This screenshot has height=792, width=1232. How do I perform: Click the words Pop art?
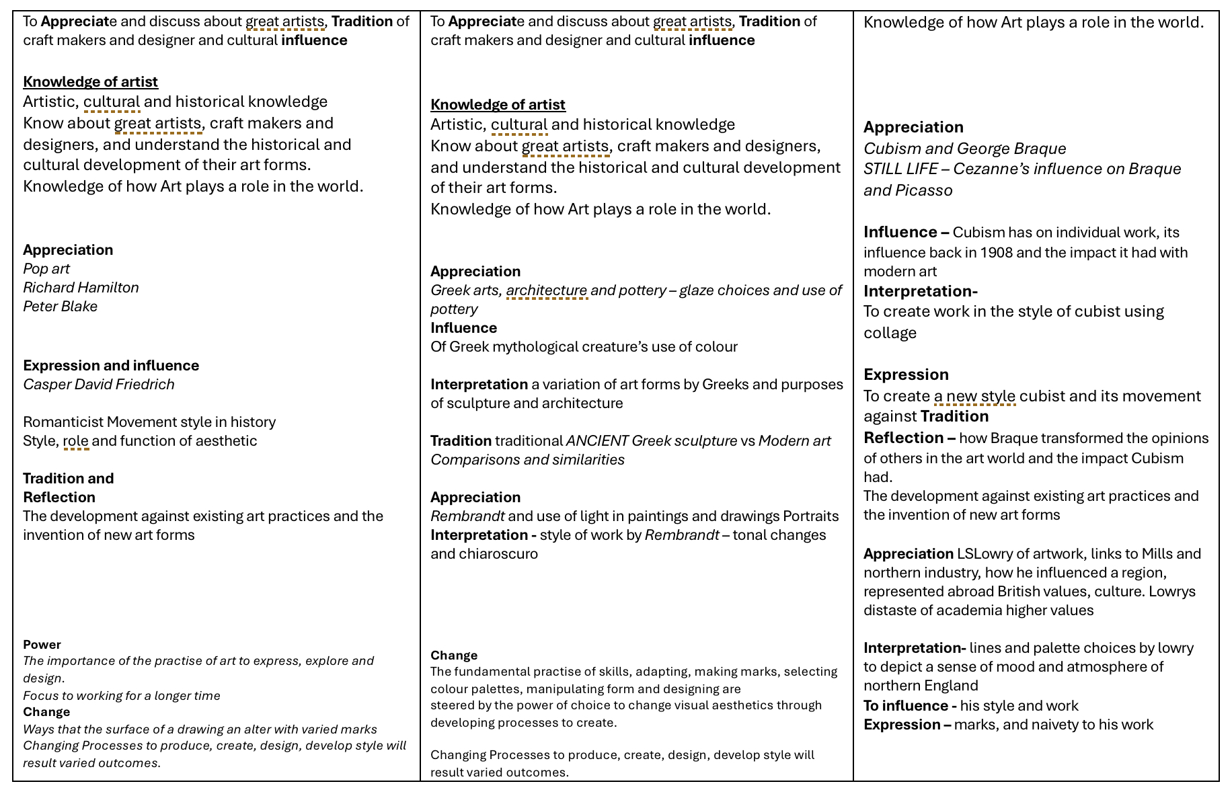pyautogui.click(x=46, y=269)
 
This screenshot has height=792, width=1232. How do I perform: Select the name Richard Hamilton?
pyautogui.click(x=81, y=288)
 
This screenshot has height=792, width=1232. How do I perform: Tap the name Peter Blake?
pyautogui.click(x=61, y=307)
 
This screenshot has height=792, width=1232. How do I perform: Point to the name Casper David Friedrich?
pyautogui.click(x=99, y=385)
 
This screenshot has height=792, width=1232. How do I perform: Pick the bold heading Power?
pyautogui.click(x=42, y=645)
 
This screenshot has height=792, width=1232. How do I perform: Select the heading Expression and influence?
pyautogui.click(x=111, y=366)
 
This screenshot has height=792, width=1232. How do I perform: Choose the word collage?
pyautogui.click(x=890, y=333)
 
